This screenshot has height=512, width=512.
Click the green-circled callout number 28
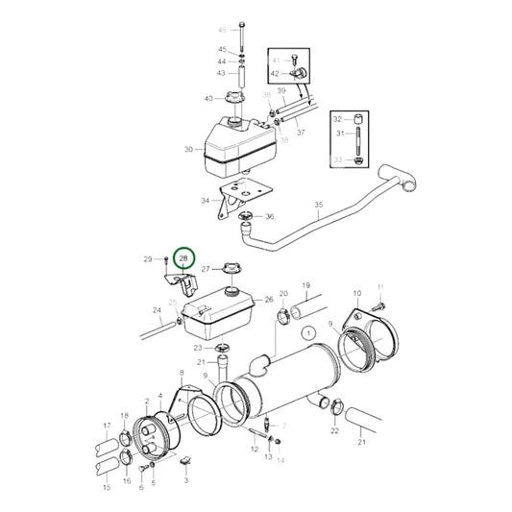[183, 259]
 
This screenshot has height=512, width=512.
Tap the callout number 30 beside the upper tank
[188, 150]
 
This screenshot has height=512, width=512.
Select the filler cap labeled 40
[233, 99]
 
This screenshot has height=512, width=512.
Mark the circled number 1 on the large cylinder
[307, 333]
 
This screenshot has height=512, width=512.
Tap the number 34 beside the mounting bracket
[206, 202]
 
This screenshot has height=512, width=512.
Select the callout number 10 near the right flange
[357, 293]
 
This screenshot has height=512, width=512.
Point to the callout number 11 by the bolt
[380, 287]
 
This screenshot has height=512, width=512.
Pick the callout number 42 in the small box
[275, 73]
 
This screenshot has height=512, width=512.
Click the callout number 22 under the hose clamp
[334, 430]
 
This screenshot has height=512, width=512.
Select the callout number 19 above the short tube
[306, 286]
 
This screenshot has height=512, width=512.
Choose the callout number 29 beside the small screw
[148, 259]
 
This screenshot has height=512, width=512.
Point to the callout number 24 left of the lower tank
[157, 310]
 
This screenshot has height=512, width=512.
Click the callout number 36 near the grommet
[270, 217]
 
